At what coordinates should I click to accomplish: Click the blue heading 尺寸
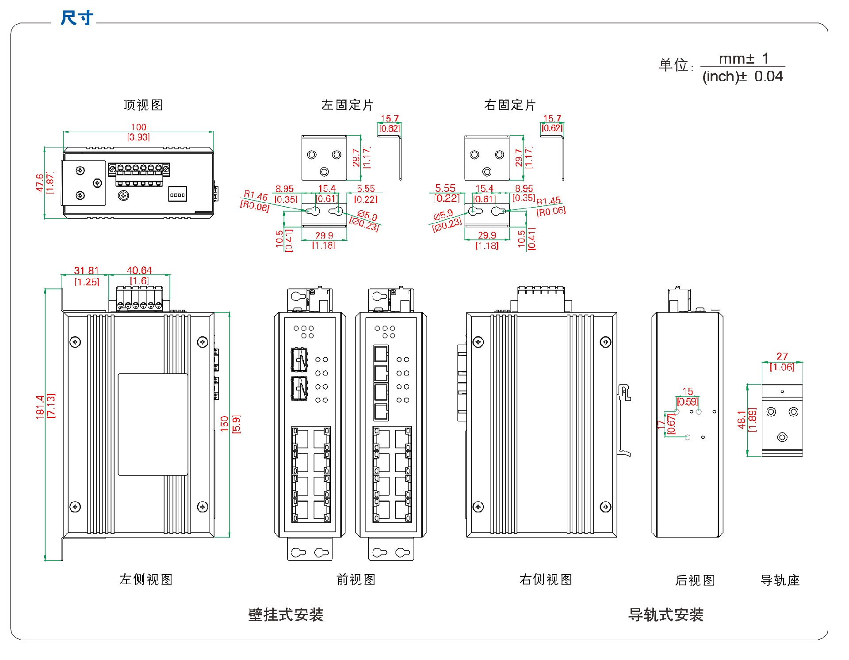(77, 18)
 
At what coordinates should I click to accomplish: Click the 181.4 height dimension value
(40, 407)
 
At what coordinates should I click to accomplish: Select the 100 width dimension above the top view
(138, 127)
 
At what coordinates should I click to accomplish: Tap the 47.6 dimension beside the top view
(40, 182)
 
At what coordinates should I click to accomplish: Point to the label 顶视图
(143, 105)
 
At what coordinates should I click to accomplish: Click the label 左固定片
(348, 105)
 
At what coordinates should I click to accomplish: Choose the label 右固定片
(510, 105)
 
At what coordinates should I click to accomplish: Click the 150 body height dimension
(225, 424)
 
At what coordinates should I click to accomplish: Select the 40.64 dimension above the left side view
(139, 270)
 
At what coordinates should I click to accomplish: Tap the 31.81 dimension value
(86, 270)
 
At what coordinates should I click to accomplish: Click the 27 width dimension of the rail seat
(782, 357)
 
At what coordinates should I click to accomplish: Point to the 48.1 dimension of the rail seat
(742, 420)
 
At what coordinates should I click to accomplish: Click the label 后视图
(695, 580)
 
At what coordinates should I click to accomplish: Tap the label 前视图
(356, 580)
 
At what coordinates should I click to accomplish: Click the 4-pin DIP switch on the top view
(177, 195)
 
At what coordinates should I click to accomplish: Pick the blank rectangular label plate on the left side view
(153, 425)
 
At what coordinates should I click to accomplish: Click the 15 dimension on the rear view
(688, 391)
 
